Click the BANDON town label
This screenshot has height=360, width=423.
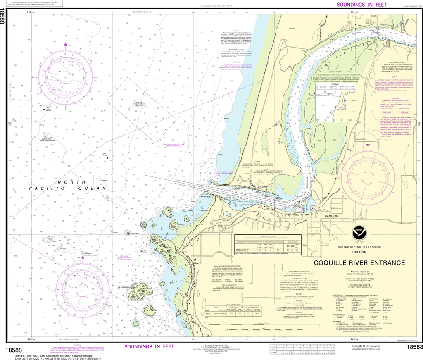pyautogui.click(x=331, y=216)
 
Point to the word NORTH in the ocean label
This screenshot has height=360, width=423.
pyautogui.click(x=66, y=182)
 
